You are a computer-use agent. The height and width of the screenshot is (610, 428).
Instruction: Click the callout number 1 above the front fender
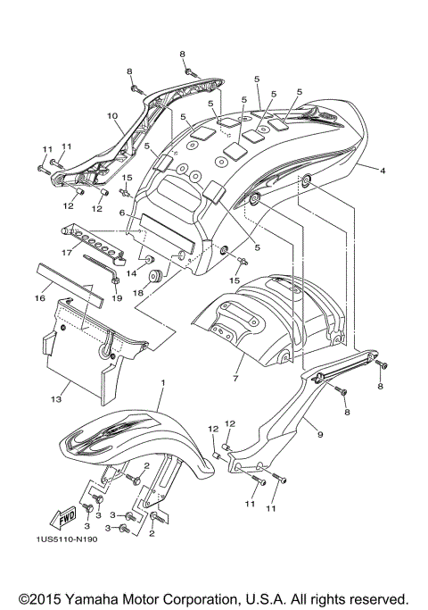pyautogui.click(x=163, y=382)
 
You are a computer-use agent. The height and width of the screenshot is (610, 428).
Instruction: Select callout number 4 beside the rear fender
pyautogui.click(x=383, y=169)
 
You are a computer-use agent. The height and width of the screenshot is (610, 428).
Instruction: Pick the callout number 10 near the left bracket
pyautogui.click(x=112, y=116)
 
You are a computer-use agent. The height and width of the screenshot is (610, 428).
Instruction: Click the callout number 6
pyautogui.click(x=122, y=214)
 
